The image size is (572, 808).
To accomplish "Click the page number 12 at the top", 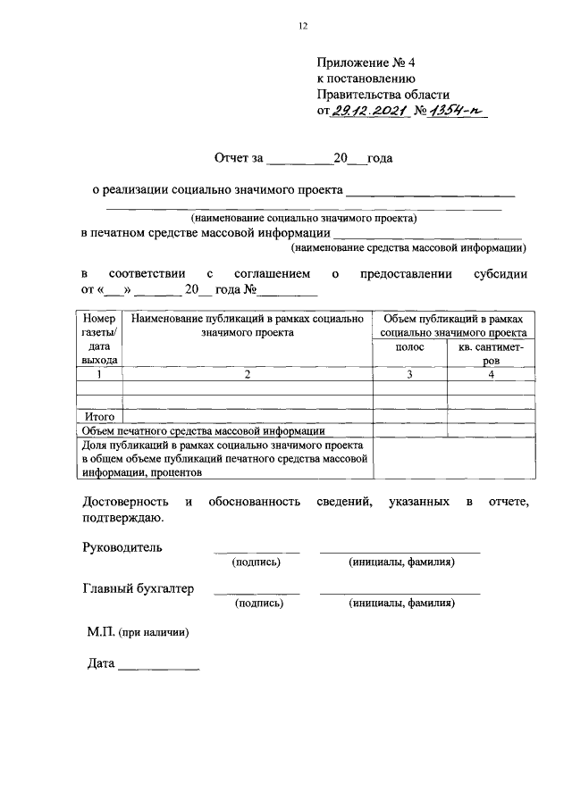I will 302,27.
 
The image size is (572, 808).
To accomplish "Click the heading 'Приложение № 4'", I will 366,62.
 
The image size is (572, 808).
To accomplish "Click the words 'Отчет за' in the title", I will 239,159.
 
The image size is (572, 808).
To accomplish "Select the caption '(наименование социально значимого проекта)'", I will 303,217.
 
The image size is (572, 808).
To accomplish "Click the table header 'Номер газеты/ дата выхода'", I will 99,338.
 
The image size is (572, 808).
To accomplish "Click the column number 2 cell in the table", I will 248,375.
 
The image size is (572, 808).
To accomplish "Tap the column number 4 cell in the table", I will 491,375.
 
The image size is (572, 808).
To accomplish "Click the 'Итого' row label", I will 99,416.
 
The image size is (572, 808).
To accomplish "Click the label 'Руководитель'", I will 122,547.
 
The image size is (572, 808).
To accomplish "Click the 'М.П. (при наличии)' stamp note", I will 138,631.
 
